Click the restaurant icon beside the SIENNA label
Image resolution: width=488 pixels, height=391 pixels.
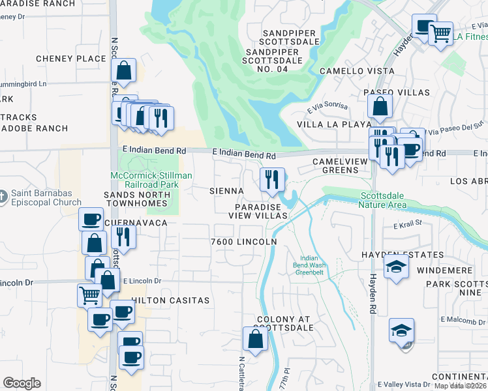coord(271,179)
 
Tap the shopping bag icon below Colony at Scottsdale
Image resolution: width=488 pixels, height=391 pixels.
coord(254,339)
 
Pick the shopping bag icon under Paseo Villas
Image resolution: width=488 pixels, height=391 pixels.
coord(380,106)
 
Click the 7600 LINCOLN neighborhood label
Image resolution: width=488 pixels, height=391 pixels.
coord(244,242)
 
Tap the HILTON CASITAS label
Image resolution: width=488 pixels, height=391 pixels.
coord(171,300)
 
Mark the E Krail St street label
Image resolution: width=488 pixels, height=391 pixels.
coord(408,225)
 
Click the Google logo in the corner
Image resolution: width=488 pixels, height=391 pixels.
coord(22,383)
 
